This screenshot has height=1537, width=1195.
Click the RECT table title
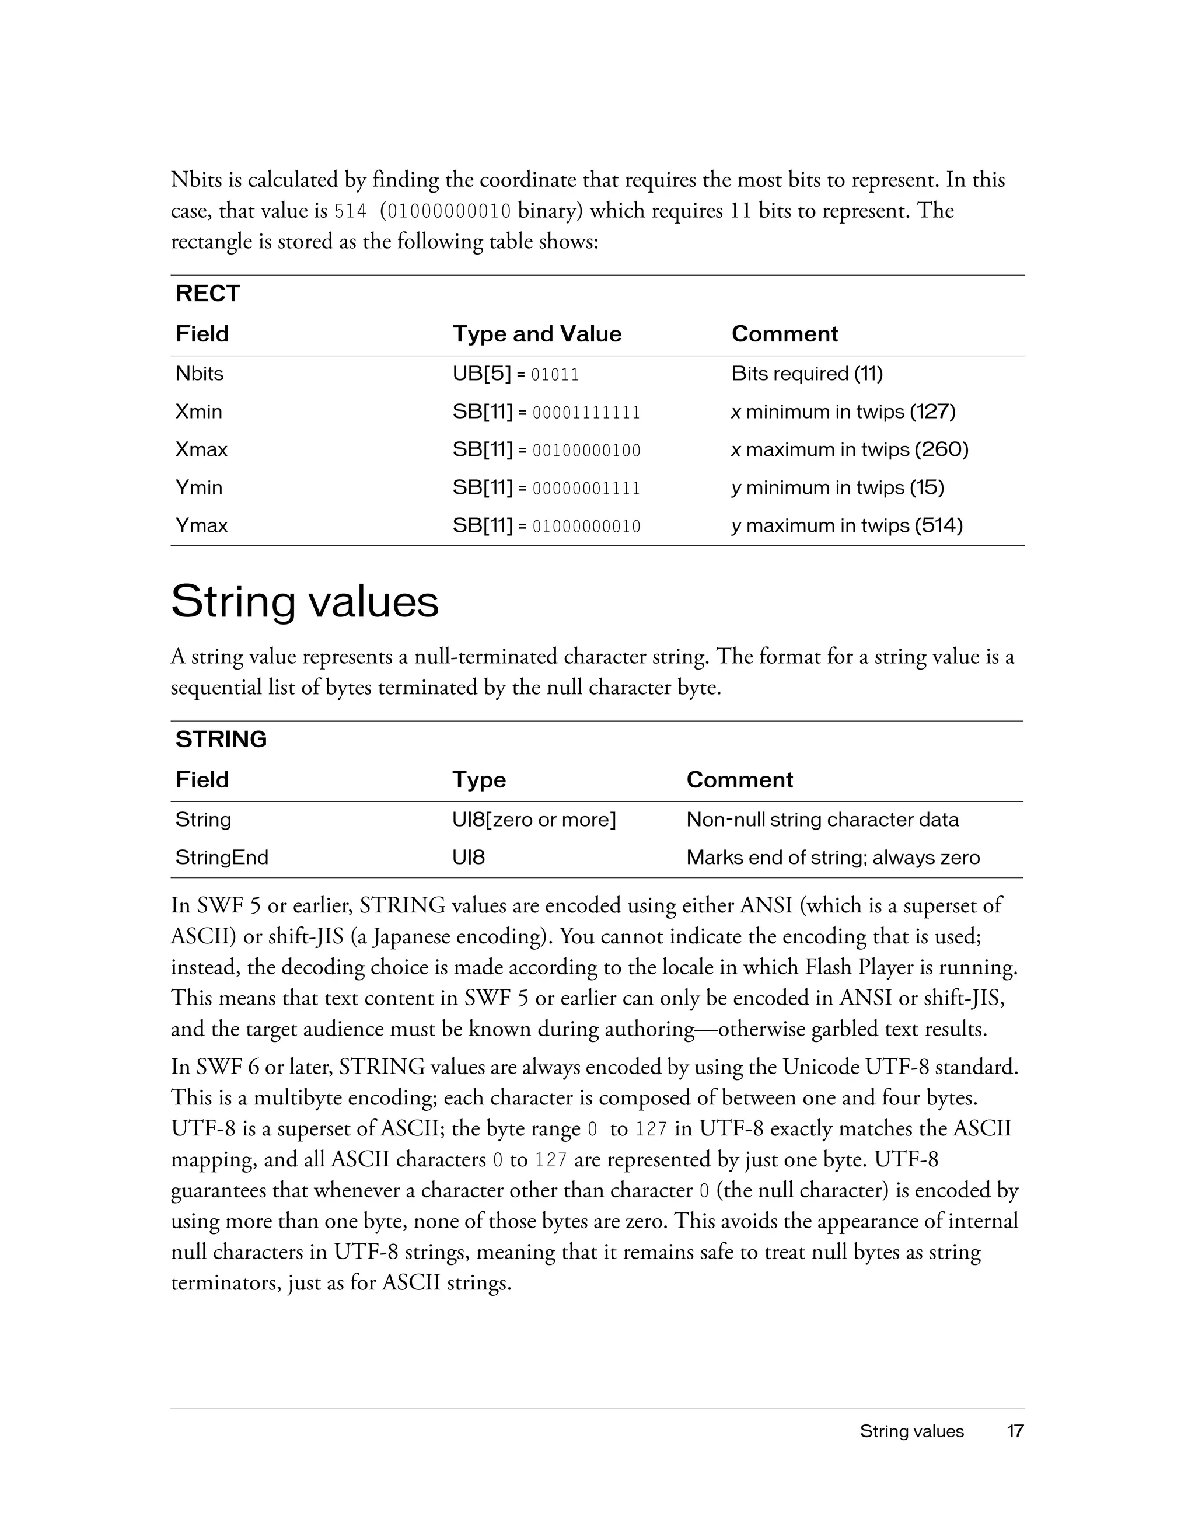tap(208, 294)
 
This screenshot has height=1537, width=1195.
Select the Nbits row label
tap(199, 374)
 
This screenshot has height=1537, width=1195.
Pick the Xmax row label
tap(201, 449)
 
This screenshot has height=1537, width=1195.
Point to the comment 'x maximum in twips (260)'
tap(850, 449)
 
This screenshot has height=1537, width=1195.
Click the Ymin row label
tap(198, 487)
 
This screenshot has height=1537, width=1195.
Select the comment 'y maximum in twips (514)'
tap(847, 526)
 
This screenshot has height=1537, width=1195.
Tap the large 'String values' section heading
tap(305, 602)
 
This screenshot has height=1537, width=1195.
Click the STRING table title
tap(221, 740)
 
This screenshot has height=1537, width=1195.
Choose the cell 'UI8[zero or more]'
tap(534, 820)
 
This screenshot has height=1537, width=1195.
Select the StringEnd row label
tap(222, 858)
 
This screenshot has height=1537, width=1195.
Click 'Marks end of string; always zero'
tap(833, 858)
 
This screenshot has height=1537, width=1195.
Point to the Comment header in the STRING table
tap(739, 780)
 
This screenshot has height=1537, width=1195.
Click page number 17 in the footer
tap(1014, 1431)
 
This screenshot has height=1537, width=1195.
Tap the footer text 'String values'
tap(911, 1431)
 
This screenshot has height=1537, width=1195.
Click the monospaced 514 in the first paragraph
tap(350, 211)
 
